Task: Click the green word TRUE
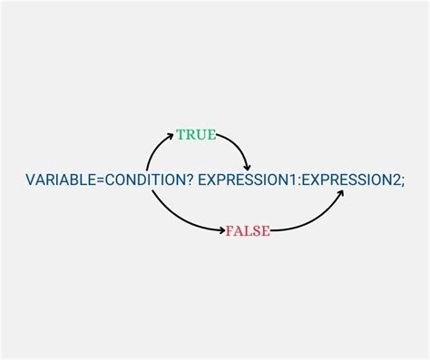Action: (x=196, y=135)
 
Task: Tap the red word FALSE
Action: (x=248, y=231)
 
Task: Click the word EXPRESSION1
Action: (x=248, y=180)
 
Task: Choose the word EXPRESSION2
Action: (x=349, y=180)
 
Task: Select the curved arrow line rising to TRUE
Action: (x=152, y=149)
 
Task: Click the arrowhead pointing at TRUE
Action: (x=171, y=136)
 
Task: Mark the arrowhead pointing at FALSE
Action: (x=221, y=231)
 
